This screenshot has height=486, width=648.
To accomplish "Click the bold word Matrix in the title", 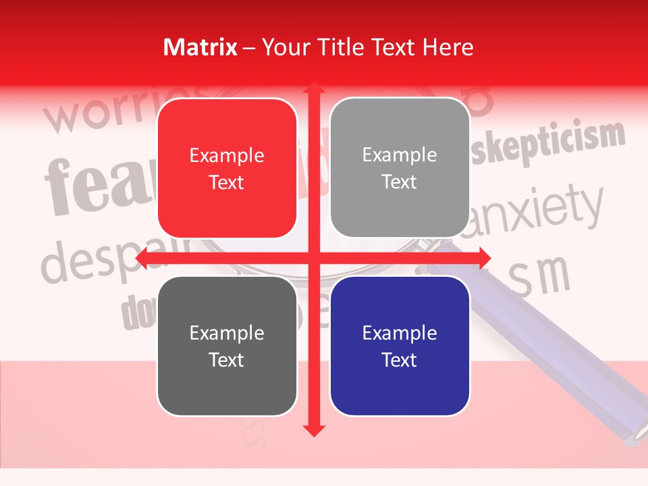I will pyautogui.click(x=200, y=47).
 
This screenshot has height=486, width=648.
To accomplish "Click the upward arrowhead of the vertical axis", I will pyautogui.click(x=313, y=88).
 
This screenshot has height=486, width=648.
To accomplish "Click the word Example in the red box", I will pyautogui.click(x=227, y=156).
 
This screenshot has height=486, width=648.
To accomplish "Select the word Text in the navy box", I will pyautogui.click(x=400, y=360).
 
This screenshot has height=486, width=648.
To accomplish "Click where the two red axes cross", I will pyautogui.click(x=313, y=259).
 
